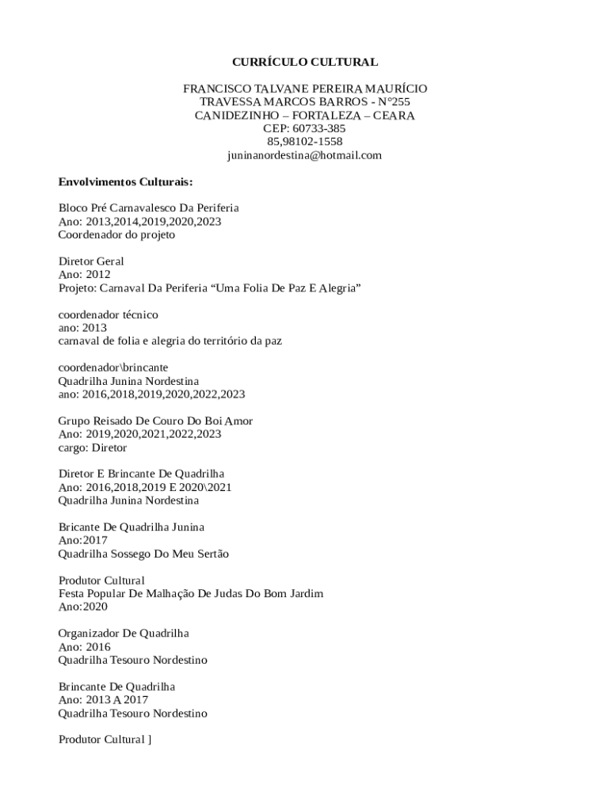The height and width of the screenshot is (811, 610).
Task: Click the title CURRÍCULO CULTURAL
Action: (x=304, y=62)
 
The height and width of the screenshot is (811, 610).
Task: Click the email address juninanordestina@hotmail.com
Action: (x=304, y=155)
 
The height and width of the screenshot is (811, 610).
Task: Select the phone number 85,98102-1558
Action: (x=304, y=142)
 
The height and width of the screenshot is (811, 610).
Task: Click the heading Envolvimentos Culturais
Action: (x=125, y=181)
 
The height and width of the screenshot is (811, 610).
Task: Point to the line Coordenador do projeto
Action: (x=116, y=234)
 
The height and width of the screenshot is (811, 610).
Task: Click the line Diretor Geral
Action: (x=91, y=261)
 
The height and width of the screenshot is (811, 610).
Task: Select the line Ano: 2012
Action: (x=85, y=275)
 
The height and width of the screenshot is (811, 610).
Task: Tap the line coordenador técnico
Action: (x=109, y=314)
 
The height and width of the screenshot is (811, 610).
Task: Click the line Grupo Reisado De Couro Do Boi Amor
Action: (x=155, y=421)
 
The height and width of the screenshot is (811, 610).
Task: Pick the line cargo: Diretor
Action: (x=93, y=447)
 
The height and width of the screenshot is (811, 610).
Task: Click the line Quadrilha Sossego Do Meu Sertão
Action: (x=143, y=554)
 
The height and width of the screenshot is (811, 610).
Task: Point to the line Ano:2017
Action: (x=83, y=540)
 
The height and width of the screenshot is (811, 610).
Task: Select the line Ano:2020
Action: (x=83, y=607)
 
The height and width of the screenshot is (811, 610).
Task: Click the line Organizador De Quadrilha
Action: (x=124, y=634)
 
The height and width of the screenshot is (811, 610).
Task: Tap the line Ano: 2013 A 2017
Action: (x=103, y=700)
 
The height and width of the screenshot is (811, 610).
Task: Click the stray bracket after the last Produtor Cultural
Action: (x=149, y=740)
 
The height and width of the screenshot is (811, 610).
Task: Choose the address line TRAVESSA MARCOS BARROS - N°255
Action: (x=304, y=102)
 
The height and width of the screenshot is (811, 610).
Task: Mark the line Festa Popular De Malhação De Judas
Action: (x=191, y=593)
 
